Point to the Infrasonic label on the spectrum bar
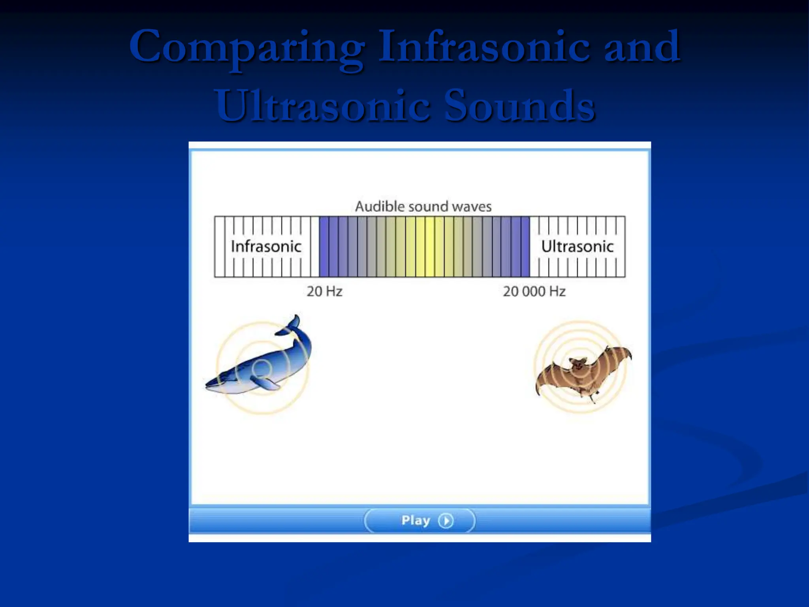[x=266, y=247]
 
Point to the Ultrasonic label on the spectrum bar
[x=577, y=247]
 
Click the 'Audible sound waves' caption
[x=423, y=206]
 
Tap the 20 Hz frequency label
[x=324, y=292]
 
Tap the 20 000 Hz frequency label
[x=534, y=292]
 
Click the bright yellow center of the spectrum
[x=430, y=247]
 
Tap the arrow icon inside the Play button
[x=446, y=520]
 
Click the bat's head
[x=577, y=364]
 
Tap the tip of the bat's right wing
[x=629, y=353]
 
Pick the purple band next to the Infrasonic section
[x=324, y=247]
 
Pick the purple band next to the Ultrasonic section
[x=525, y=247]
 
